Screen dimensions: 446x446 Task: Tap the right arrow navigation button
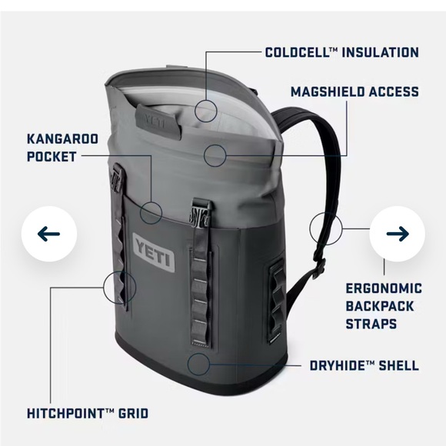(397, 233)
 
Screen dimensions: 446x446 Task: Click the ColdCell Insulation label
(341, 52)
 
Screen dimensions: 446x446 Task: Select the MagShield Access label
(354, 92)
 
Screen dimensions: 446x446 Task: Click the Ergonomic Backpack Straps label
(382, 306)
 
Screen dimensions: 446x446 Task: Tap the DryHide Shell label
(364, 365)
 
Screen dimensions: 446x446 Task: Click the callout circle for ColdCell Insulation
(207, 110)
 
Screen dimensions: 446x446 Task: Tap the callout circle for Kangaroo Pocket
(151, 210)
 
